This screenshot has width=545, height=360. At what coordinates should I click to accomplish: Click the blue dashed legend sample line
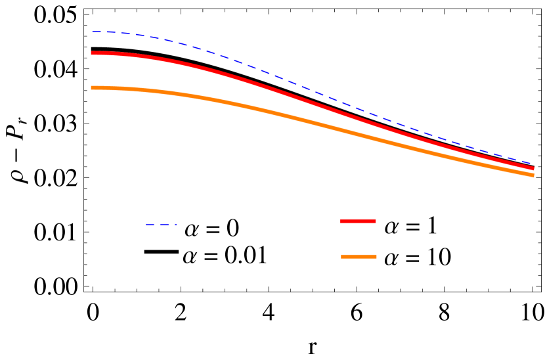161,225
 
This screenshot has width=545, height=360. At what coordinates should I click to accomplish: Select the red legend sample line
358,221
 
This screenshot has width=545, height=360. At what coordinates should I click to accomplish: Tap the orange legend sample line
359,257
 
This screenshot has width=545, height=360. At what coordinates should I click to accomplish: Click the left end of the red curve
92,53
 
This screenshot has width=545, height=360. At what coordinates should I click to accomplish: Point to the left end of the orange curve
92,87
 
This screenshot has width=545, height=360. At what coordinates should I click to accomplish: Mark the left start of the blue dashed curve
92,32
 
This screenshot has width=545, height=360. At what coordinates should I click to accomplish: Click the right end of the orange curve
533,175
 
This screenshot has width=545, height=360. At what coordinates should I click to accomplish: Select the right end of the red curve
533,168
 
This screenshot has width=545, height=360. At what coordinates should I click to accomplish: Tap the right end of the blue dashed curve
533,164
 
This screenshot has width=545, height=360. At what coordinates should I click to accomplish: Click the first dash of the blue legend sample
150,225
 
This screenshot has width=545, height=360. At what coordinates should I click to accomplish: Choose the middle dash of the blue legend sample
164,225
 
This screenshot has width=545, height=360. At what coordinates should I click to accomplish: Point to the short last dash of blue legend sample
175,225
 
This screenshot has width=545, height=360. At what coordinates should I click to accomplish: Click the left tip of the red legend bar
341,221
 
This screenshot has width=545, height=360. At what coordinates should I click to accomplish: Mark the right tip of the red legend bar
376,221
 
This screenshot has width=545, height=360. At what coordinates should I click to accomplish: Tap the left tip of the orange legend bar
341,257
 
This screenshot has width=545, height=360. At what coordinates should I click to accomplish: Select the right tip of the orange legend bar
376,257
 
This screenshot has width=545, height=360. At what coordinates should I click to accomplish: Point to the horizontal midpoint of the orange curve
313,122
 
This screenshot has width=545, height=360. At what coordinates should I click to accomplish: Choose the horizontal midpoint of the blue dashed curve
313,91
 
